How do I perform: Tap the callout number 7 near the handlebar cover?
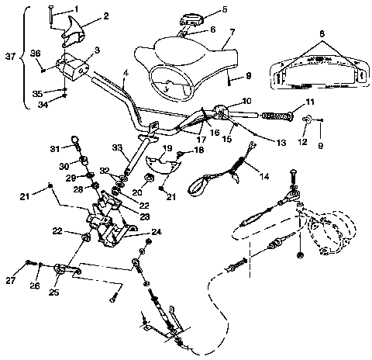coord(231,33)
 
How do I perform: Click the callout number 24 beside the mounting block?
coord(157,231)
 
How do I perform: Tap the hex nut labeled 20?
coord(137,188)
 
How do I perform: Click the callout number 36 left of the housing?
coord(34,53)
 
